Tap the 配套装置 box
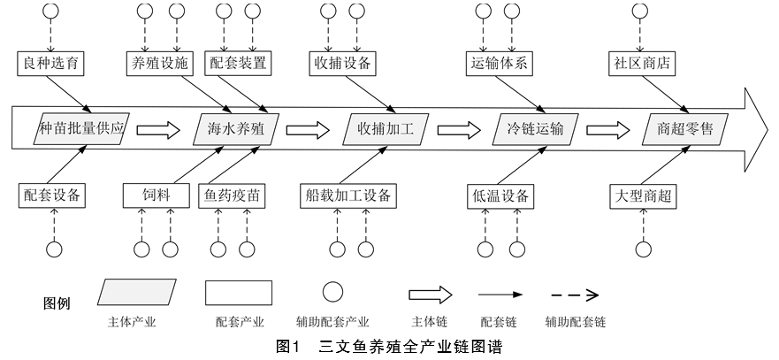point(237,63)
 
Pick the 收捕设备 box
point(343,63)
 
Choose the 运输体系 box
point(499,63)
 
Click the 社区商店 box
point(640,63)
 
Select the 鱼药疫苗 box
point(233,195)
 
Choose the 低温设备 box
point(500,195)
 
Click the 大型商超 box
point(643,195)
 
